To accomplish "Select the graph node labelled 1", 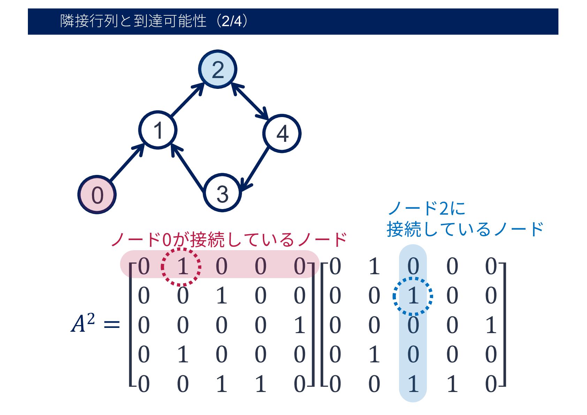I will click(158, 130).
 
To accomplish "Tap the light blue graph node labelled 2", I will click(218, 69).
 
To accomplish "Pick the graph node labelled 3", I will click(222, 193).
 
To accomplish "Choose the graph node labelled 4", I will click(282, 133).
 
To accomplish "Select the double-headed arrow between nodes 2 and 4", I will click(250, 101).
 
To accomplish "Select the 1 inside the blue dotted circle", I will click(413, 296).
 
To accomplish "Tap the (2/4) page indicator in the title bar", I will click(232, 21).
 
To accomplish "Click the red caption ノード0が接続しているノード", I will click(229, 240).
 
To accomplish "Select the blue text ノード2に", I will click(426, 209).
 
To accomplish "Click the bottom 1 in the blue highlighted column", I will click(413, 384).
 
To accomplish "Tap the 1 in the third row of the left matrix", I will click(299, 325).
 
